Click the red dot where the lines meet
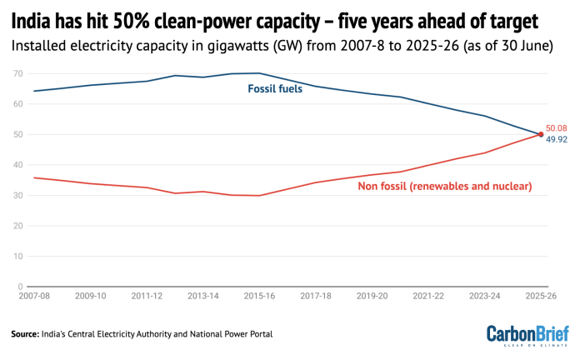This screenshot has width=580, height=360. coord(541,134)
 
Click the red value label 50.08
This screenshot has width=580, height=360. coord(557,127)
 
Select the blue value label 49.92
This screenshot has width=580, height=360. coord(557,141)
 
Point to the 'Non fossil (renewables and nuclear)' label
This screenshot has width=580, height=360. coord(445,185)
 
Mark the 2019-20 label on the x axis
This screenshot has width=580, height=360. coord(372,296)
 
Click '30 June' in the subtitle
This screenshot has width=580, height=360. coord(523,45)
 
